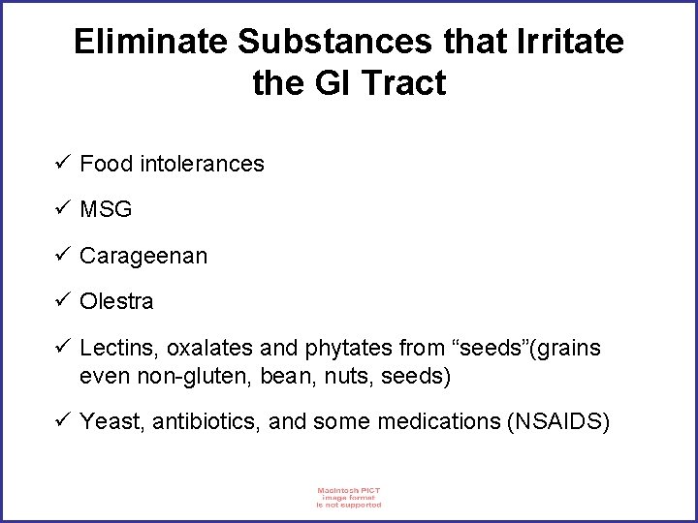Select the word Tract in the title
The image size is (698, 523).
[x=401, y=83]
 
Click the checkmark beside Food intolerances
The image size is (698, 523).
[x=64, y=163]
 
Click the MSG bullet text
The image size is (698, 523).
[x=106, y=209]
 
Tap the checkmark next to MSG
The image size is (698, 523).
[x=64, y=208]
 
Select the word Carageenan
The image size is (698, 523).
[x=143, y=256]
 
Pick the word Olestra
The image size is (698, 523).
[x=116, y=301]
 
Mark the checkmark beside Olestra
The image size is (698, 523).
[x=64, y=300]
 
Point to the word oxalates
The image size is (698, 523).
[x=199, y=348]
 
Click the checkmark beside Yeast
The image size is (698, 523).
[x=64, y=420]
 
